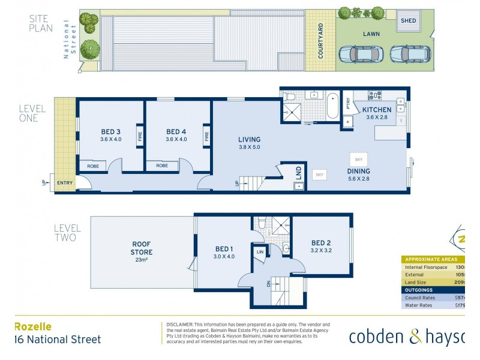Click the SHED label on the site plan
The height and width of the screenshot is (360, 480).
click(409, 20)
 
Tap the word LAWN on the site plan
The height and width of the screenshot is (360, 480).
click(371, 35)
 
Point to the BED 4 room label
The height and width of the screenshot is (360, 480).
click(176, 132)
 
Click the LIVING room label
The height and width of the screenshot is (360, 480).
click(250, 140)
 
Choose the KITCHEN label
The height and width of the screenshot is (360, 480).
click(377, 110)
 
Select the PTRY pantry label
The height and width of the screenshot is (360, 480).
click(349, 104)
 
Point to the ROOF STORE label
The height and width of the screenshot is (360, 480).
click(141, 248)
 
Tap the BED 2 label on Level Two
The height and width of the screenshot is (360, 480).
click(321, 243)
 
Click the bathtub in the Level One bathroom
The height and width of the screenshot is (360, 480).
click(332, 106)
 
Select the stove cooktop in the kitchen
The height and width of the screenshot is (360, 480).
click(376, 95)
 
